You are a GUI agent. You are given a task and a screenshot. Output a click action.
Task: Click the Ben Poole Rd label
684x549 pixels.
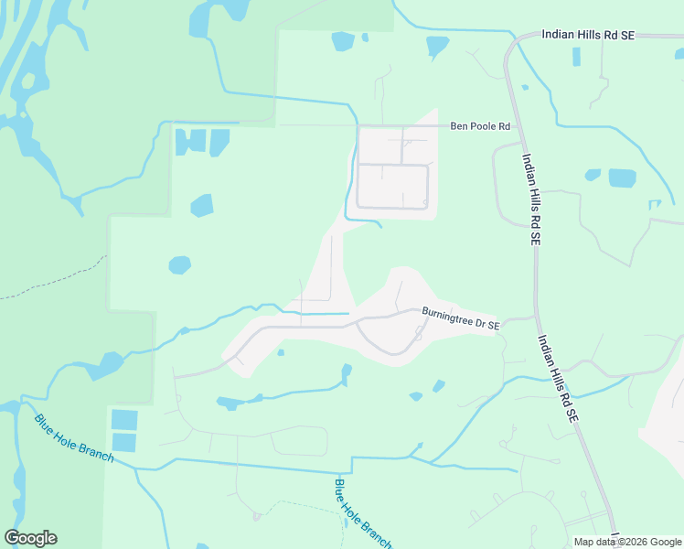[x=480, y=126]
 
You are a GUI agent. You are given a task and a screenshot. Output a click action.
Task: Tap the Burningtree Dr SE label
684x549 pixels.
[x=460, y=318]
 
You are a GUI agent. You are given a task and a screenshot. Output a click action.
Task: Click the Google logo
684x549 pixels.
[x=30, y=538]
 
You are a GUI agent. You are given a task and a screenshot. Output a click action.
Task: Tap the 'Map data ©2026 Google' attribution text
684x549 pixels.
[x=627, y=542]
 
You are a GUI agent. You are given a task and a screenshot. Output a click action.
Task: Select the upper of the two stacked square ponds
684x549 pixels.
[x=123, y=420]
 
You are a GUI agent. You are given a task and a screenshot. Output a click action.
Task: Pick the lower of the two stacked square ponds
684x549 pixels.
[x=123, y=443]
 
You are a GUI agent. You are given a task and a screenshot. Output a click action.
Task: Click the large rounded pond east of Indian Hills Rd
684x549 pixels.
[x=622, y=178]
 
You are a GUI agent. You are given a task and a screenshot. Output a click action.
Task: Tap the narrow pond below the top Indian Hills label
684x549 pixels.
[x=576, y=57]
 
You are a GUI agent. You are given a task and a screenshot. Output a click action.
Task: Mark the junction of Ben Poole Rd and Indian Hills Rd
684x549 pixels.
[x=518, y=126]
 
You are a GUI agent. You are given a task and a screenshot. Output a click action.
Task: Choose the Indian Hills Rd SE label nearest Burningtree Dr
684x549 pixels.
[x=558, y=375]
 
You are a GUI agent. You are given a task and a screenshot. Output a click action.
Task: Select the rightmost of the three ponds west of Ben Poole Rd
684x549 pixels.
[x=219, y=142]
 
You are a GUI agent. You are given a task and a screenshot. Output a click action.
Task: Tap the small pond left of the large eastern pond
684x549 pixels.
[x=593, y=174]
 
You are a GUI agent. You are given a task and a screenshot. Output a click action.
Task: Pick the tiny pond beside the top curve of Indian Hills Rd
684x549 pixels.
[x=525, y=87]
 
